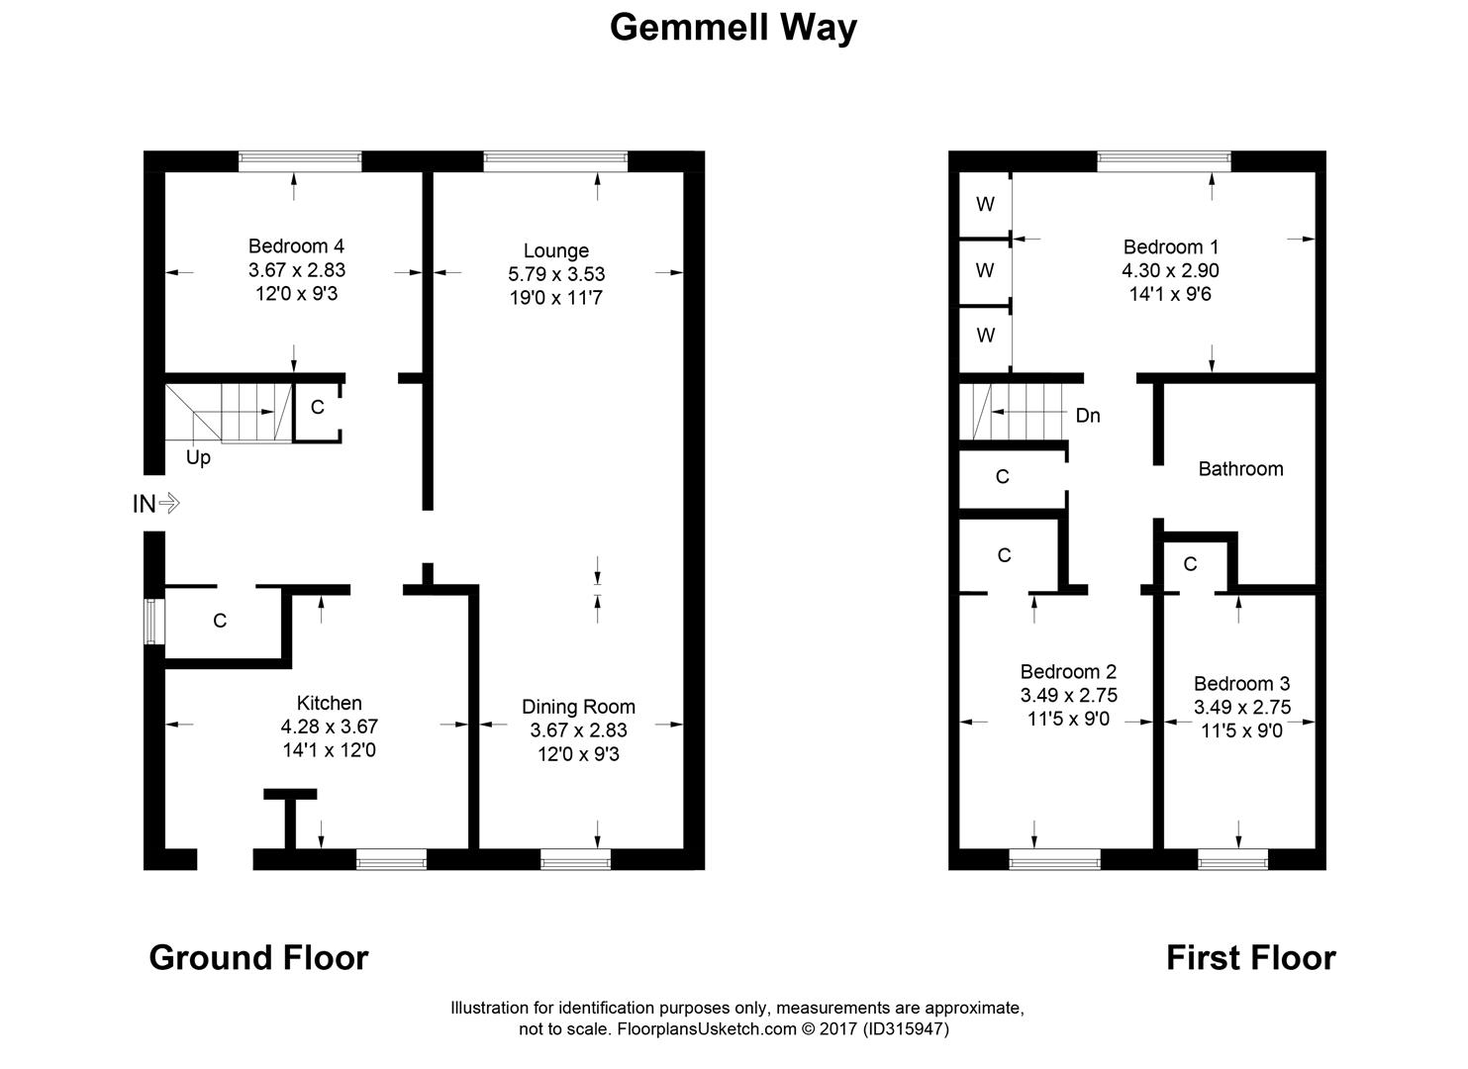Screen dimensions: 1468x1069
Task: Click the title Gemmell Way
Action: (733, 27)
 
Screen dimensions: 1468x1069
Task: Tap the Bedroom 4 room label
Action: (296, 245)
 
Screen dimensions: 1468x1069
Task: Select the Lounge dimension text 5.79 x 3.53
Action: (556, 274)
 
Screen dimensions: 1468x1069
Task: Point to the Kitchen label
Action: (329, 703)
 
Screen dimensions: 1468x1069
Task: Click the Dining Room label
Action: (578, 707)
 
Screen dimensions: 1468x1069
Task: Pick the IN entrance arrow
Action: (156, 504)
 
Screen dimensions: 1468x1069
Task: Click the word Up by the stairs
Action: (198, 457)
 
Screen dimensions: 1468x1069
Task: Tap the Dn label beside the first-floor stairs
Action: (1088, 416)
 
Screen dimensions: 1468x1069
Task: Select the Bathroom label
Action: (1240, 469)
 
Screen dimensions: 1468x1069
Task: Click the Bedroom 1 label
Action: (1170, 246)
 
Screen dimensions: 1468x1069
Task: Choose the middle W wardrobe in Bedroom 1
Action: (985, 269)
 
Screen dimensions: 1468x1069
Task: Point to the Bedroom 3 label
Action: (1241, 684)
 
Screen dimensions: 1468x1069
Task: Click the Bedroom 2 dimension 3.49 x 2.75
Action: (1068, 695)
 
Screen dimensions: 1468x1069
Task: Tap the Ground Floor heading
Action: (258, 957)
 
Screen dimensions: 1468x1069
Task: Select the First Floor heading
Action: (1250, 957)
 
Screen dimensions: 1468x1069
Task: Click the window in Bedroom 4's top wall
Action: (300, 161)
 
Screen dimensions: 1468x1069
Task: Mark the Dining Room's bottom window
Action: (575, 860)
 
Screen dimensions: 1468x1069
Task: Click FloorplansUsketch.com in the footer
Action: (707, 1029)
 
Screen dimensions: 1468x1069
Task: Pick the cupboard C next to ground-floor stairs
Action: (318, 407)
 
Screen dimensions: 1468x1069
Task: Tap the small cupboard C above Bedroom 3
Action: (1190, 564)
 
